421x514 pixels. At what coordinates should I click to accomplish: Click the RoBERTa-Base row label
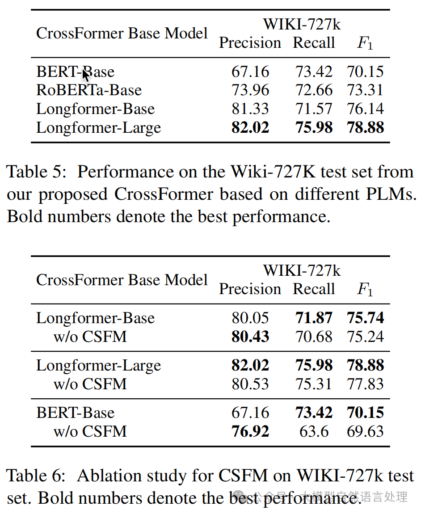pyautogui.click(x=89, y=90)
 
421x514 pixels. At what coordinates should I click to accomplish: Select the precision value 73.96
pyautogui.click(x=250, y=90)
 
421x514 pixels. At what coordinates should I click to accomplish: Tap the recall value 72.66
pyautogui.click(x=314, y=90)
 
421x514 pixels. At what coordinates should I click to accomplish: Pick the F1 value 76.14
pyautogui.click(x=365, y=109)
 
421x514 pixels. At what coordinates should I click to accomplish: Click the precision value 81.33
pyautogui.click(x=250, y=109)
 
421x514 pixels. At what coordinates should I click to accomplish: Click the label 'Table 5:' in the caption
pyautogui.click(x=36, y=172)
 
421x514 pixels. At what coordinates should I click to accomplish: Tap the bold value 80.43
pyautogui.click(x=250, y=337)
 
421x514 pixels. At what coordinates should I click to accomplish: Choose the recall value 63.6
pyautogui.click(x=314, y=431)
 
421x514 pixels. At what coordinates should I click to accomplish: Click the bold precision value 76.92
pyautogui.click(x=250, y=431)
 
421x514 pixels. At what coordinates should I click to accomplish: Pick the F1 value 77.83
pyautogui.click(x=365, y=384)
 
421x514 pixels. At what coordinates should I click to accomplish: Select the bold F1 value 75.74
pyautogui.click(x=365, y=318)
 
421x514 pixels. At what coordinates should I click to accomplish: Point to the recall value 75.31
pyautogui.click(x=314, y=384)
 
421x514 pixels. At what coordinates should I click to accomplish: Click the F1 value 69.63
pyautogui.click(x=365, y=431)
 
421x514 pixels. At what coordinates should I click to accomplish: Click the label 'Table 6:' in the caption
pyautogui.click(x=36, y=476)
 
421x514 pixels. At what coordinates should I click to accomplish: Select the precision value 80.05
pyautogui.click(x=250, y=318)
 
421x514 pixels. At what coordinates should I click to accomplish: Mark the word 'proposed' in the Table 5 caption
pyautogui.click(x=73, y=195)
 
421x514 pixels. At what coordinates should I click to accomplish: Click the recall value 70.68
pyautogui.click(x=314, y=337)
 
